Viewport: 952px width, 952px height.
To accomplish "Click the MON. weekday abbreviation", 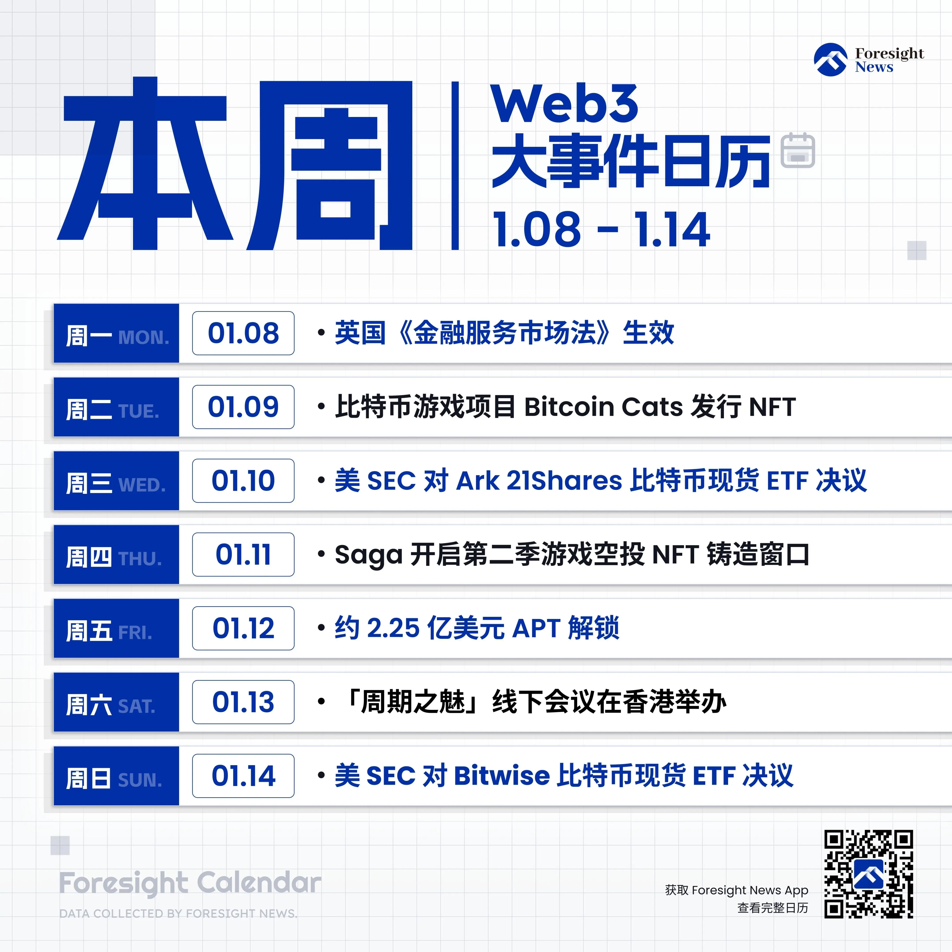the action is (x=143, y=338).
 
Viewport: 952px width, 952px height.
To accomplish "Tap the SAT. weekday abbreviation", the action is (x=136, y=707).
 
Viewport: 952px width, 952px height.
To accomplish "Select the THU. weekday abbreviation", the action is (x=140, y=559).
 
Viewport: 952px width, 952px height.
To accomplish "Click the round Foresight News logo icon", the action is (x=831, y=60).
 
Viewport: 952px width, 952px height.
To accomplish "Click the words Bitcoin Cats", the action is (x=604, y=407).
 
